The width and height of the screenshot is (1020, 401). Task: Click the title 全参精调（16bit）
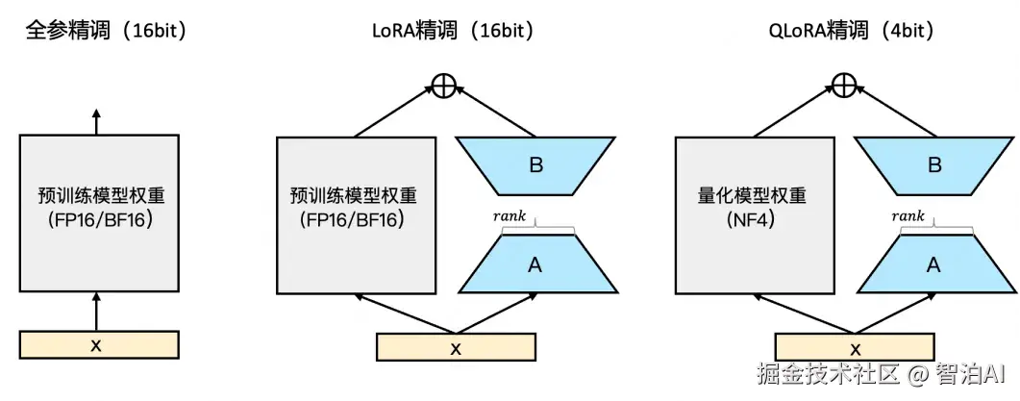coord(105,31)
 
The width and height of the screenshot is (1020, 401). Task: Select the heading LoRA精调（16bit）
coord(453,31)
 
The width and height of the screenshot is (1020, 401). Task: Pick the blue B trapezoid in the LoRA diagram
coord(536,165)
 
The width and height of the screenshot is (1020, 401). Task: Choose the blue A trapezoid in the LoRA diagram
coord(536,264)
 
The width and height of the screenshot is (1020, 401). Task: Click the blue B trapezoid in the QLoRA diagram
coord(933,165)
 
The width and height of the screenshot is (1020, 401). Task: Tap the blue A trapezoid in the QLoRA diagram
coord(933,264)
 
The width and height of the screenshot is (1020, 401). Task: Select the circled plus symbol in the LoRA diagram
coord(443,86)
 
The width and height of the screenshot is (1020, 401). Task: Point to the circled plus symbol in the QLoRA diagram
coord(843,86)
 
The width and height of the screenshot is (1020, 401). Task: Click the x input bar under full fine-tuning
coord(98,344)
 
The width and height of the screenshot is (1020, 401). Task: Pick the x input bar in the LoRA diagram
coord(456,347)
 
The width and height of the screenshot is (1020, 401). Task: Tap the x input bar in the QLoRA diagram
coord(855,347)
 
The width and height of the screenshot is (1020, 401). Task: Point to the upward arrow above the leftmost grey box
coord(96,121)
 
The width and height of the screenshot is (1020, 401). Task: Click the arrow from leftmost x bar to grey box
coord(96,313)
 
